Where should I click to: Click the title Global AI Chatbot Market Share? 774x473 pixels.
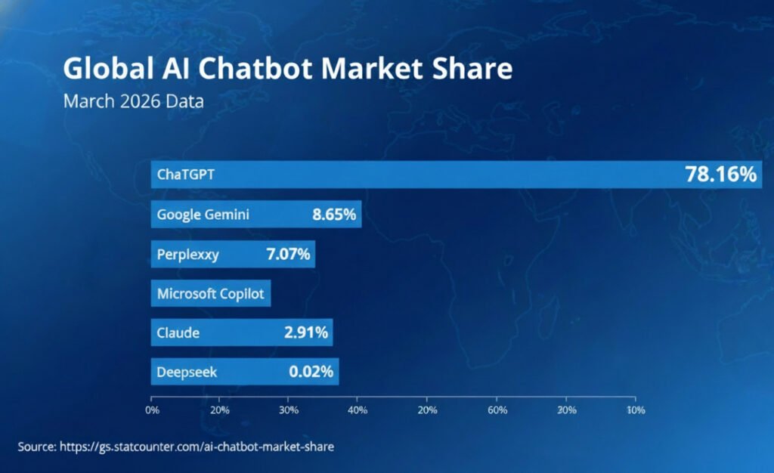(287, 69)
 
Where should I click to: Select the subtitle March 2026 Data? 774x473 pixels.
(133, 100)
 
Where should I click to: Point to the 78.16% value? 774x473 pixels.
(720, 175)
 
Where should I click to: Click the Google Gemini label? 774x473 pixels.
(203, 215)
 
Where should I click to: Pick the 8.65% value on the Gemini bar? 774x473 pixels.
(333, 215)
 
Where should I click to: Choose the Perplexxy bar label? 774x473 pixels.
(187, 254)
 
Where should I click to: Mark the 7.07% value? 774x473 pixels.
(288, 254)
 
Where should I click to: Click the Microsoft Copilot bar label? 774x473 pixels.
(210, 293)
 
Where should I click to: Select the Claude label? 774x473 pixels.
(178, 332)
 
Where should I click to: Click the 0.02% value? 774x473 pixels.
(311, 372)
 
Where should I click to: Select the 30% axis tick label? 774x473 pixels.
(288, 410)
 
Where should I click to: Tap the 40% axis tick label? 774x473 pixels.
(358, 410)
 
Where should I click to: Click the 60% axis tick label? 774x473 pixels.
(497, 410)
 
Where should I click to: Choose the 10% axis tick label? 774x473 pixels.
(636, 410)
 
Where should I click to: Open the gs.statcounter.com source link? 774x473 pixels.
(197, 447)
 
